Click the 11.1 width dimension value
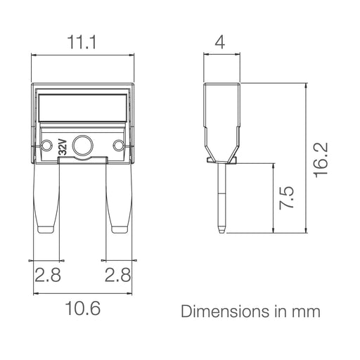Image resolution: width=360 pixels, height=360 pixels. pyautogui.click(x=82, y=42)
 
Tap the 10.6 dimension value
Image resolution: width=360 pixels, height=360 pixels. pyautogui.click(x=83, y=308)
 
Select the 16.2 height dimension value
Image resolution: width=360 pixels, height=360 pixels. pyautogui.click(x=321, y=160)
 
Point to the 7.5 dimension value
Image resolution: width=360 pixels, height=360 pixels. pyautogui.click(x=287, y=198)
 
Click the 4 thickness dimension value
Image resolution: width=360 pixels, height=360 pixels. pyautogui.click(x=220, y=42)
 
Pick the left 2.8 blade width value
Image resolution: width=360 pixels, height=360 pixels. pyautogui.click(x=48, y=275)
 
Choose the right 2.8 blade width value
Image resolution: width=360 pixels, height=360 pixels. pyautogui.click(x=117, y=275)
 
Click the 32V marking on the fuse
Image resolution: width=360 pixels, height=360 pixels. pyautogui.click(x=63, y=147)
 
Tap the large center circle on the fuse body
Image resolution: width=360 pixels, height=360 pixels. pyautogui.click(x=83, y=146)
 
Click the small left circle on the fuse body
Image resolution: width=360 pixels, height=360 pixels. pyautogui.click(x=46, y=145)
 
